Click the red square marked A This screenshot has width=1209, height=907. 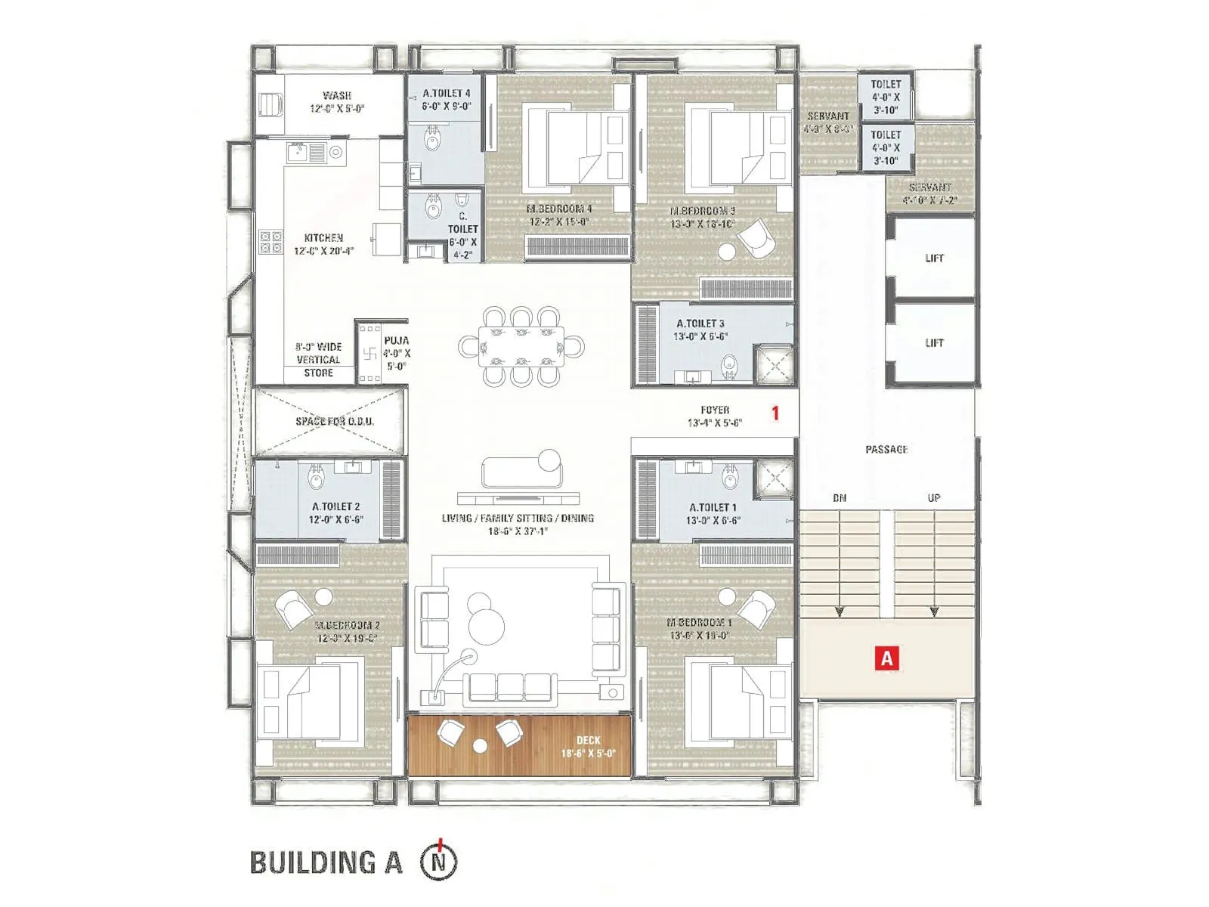[x=886, y=658]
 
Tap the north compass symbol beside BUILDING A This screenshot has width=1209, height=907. [x=439, y=861]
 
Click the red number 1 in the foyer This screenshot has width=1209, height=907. [x=775, y=413]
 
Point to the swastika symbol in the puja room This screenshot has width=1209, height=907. [x=370, y=353]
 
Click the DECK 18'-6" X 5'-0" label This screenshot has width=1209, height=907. [x=588, y=747]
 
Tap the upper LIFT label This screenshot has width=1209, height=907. [x=934, y=258]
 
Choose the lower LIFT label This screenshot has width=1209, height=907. [x=934, y=342]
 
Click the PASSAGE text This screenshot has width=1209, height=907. [x=886, y=449]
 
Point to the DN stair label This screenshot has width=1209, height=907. [x=839, y=498]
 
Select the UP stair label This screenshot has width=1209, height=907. [x=934, y=498]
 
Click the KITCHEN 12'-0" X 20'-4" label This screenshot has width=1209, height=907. [x=323, y=243]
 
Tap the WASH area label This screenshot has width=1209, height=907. [x=336, y=101]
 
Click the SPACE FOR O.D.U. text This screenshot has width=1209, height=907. [x=334, y=421]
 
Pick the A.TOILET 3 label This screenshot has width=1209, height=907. [x=700, y=330]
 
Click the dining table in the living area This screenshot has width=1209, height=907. [x=521, y=347]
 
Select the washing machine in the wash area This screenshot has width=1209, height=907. [x=270, y=104]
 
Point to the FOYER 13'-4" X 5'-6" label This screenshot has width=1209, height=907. [x=714, y=416]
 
